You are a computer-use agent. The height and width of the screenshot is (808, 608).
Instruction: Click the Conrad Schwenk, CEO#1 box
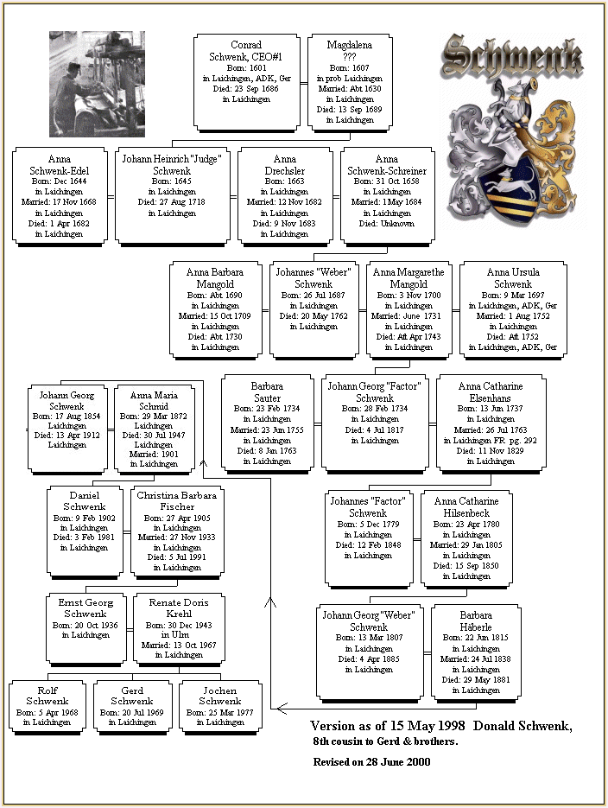[x=246, y=80]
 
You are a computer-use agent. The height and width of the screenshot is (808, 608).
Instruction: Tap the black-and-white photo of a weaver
[x=97, y=84]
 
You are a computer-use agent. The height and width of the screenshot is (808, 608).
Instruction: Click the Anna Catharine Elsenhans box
[x=490, y=420]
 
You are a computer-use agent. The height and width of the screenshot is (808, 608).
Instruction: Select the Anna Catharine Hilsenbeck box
[x=465, y=536]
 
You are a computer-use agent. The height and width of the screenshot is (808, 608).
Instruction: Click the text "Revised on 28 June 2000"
[x=371, y=761]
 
